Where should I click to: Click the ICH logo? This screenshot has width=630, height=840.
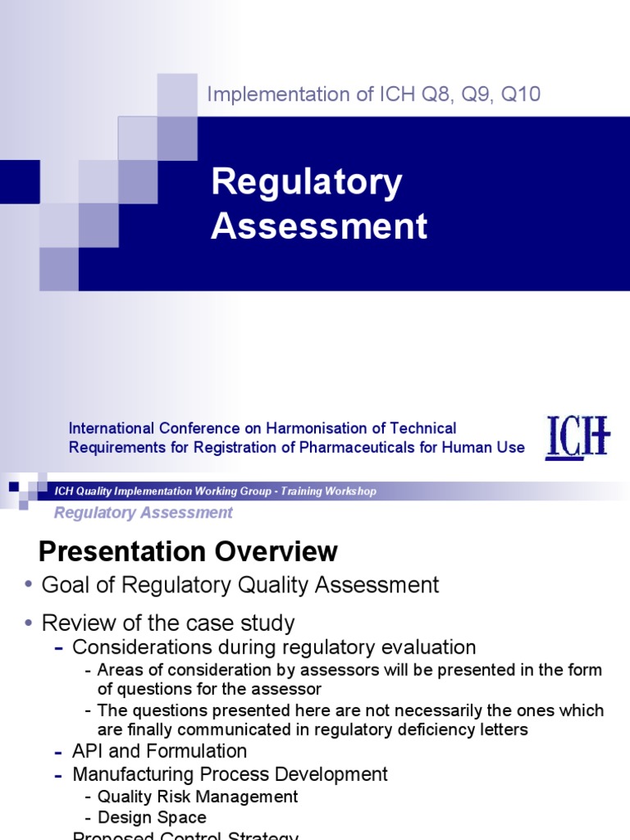[578, 437]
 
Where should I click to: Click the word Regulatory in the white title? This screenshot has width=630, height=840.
[306, 183]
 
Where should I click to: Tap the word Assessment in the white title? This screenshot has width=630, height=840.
[319, 226]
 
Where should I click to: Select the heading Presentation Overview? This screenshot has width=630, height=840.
[189, 551]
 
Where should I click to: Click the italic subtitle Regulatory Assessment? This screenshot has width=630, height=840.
[143, 513]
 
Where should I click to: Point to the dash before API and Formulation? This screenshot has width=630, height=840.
[59, 751]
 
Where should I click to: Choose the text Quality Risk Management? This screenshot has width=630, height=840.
[197, 797]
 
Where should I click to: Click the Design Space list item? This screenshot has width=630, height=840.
[152, 818]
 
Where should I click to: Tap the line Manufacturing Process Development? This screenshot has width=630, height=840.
[230, 774]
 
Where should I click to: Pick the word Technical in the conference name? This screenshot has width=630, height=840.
[423, 428]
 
